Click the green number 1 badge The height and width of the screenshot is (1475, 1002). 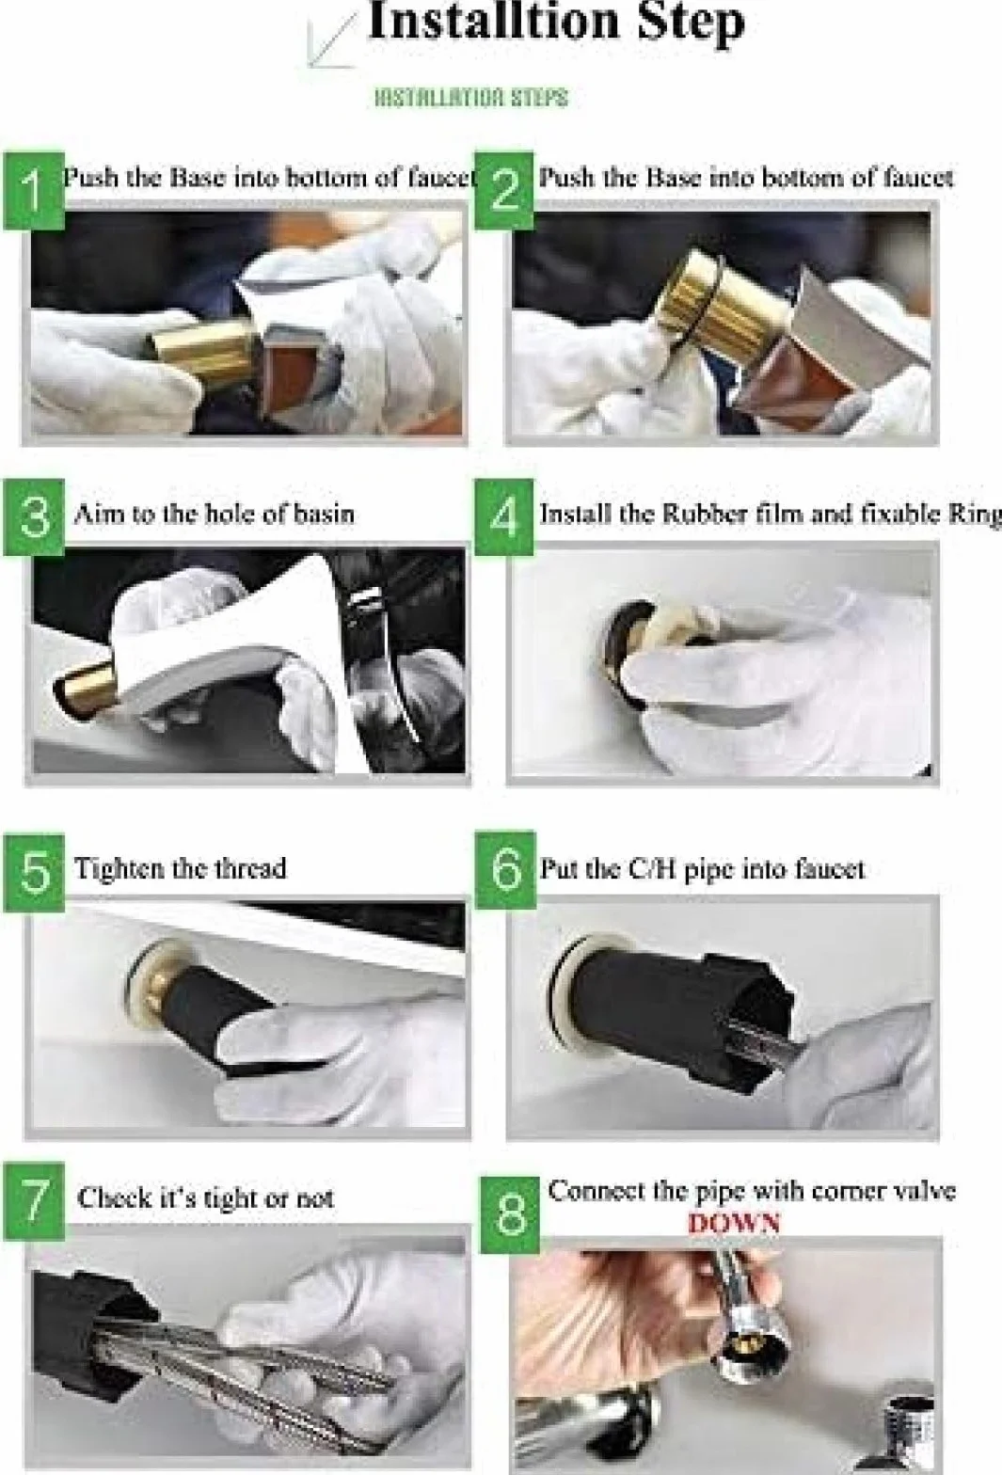pyautogui.click(x=34, y=191)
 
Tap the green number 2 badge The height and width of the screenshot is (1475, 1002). pyautogui.click(x=504, y=191)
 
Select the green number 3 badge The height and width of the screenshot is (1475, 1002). pyautogui.click(x=34, y=517)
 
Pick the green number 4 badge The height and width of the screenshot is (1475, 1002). pyautogui.click(x=504, y=517)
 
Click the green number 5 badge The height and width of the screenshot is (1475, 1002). pyautogui.click(x=34, y=873)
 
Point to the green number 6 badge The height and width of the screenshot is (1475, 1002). pyautogui.click(x=504, y=873)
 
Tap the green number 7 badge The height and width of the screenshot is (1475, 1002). pyautogui.click(x=34, y=1201)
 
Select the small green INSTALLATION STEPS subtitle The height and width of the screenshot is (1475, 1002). pyautogui.click(x=470, y=98)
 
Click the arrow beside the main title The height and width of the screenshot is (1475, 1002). pyautogui.click(x=333, y=40)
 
